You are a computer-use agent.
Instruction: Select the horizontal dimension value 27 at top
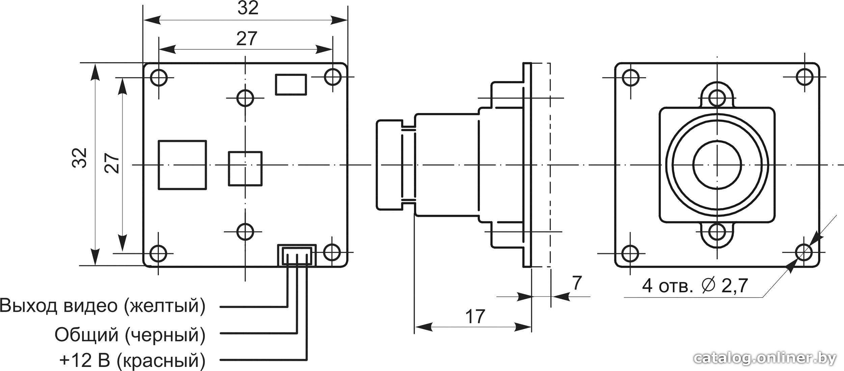pyautogui.click(x=247, y=39)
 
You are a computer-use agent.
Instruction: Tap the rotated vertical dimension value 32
pyautogui.click(x=80, y=158)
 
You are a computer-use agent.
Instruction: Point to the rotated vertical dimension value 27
pyautogui.click(x=112, y=163)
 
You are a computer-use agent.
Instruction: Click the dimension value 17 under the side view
pyautogui.click(x=475, y=316)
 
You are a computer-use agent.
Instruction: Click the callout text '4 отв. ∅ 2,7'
pyautogui.click(x=695, y=286)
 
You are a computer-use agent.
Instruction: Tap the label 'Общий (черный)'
pyautogui.click(x=130, y=335)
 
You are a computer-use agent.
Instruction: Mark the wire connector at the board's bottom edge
pyautogui.click(x=297, y=255)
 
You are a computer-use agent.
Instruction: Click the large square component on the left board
pyautogui.click(x=182, y=165)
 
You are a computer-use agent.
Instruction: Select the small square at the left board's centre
pyautogui.click(x=245, y=169)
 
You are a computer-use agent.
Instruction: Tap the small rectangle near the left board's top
pyautogui.click(x=291, y=85)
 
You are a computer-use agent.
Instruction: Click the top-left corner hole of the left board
pyautogui.click(x=159, y=78)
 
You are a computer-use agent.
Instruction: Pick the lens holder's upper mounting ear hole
pyautogui.click(x=717, y=98)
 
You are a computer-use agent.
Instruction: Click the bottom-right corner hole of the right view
pyautogui.click(x=804, y=252)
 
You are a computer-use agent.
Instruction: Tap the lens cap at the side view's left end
pyautogui.click(x=389, y=165)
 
